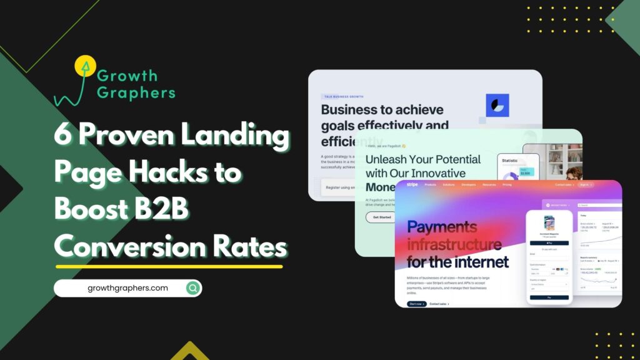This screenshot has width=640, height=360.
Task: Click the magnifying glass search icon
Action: click(x=193, y=288)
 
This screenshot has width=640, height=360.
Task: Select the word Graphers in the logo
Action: click(x=136, y=92)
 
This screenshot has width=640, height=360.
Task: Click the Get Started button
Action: click(x=382, y=217)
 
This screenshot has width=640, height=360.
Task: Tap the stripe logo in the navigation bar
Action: click(x=412, y=185)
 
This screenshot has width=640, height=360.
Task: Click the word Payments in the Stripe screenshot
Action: click(x=442, y=227)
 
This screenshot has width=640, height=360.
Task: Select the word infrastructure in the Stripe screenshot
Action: click(x=454, y=244)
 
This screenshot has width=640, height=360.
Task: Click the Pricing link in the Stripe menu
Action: click(x=506, y=185)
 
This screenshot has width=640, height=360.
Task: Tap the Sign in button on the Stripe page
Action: click(x=585, y=185)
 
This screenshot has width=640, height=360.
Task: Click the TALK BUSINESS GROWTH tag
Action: click(x=343, y=97)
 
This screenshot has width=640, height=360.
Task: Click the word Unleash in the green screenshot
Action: click(x=387, y=159)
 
